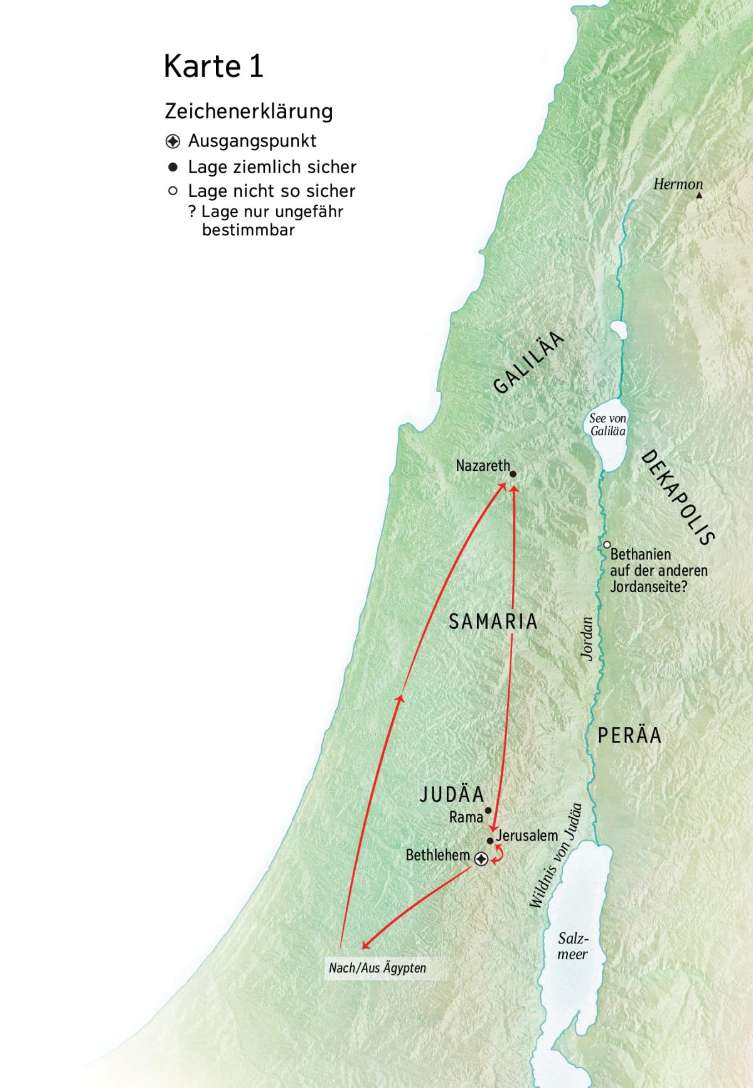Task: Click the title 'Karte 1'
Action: click(x=213, y=66)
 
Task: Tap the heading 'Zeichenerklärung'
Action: click(x=248, y=111)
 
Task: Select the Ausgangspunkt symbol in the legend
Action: click(x=173, y=141)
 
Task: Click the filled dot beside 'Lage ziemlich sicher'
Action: click(x=173, y=168)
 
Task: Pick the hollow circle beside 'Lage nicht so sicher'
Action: click(x=173, y=191)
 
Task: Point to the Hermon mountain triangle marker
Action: click(x=699, y=195)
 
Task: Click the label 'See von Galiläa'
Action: click(x=607, y=424)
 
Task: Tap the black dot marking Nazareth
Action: click(x=513, y=474)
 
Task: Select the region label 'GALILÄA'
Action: click(x=529, y=363)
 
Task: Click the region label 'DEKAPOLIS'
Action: click(x=678, y=498)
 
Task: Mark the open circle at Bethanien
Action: click(x=607, y=545)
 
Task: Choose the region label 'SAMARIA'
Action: click(x=493, y=622)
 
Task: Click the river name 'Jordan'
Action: click(x=587, y=638)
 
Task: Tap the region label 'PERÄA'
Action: click(x=629, y=735)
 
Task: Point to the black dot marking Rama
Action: click(x=488, y=810)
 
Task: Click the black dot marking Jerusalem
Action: click(x=490, y=841)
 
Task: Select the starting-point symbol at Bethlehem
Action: click(x=481, y=859)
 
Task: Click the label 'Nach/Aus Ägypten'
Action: click(x=377, y=967)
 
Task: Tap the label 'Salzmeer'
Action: click(x=573, y=946)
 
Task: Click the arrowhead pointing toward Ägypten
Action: click(x=365, y=945)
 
